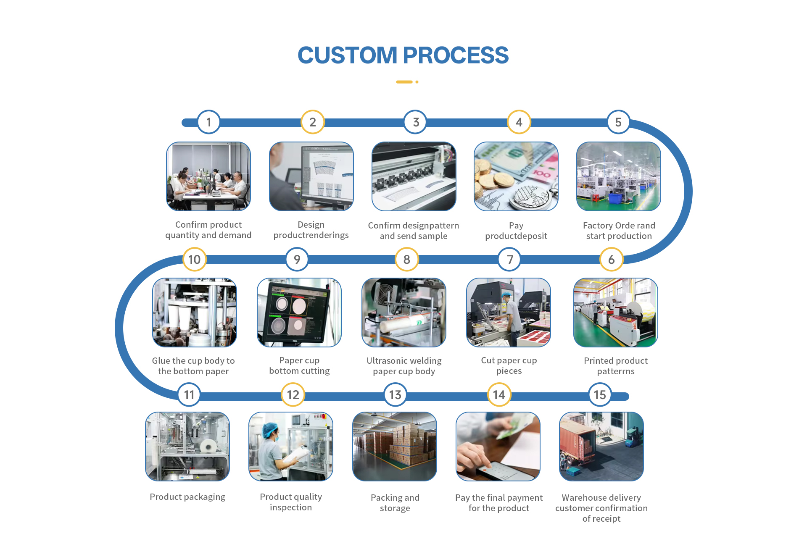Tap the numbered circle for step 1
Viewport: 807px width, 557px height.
208,122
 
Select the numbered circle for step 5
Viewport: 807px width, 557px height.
618,122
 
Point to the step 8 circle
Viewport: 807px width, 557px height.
406,260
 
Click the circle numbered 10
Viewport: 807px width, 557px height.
194,260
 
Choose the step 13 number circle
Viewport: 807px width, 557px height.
395,395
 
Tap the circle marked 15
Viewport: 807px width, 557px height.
600,395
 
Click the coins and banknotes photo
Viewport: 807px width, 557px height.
516,176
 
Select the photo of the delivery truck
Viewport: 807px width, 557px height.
601,447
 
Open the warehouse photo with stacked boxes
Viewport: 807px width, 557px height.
395,447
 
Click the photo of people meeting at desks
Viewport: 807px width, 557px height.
208,176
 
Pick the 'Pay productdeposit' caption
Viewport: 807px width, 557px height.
516,231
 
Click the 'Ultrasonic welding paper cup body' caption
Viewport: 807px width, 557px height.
404,366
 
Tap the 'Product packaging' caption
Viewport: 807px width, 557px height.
187,497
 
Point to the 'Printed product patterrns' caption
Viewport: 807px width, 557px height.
616,366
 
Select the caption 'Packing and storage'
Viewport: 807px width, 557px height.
395,503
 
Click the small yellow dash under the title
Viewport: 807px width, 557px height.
404,82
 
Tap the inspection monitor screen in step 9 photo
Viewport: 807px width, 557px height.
296,313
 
